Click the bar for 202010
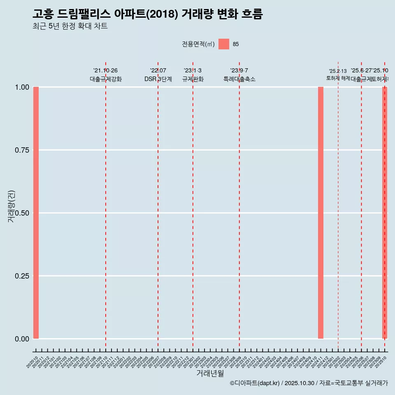pyautogui.click(x=36, y=213)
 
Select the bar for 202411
pyautogui.click(x=321, y=213)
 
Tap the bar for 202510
pyautogui.click(x=385, y=213)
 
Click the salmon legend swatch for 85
pyautogui.click(x=224, y=44)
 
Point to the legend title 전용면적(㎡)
pyautogui.click(x=198, y=44)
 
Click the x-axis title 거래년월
pyautogui.click(x=210, y=374)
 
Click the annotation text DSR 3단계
pyautogui.click(x=158, y=79)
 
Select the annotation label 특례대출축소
pyautogui.click(x=239, y=79)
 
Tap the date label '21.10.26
pyautogui.click(x=106, y=71)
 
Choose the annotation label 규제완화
pyautogui.click(x=193, y=79)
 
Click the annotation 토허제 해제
pyautogui.click(x=338, y=78)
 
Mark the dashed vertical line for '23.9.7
pyautogui.click(x=239, y=206)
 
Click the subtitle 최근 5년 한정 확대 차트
pyautogui.click(x=70, y=26)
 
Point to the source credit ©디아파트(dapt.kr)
pyautogui.click(x=255, y=383)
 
